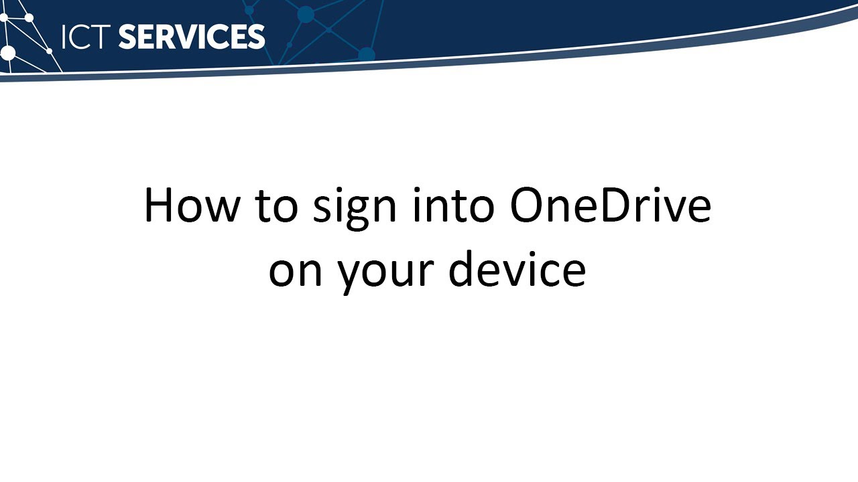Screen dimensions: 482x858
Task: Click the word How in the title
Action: click(191, 206)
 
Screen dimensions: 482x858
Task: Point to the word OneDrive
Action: click(611, 206)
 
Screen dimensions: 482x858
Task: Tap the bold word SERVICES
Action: click(192, 37)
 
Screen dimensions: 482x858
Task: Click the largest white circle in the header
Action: click(8, 53)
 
